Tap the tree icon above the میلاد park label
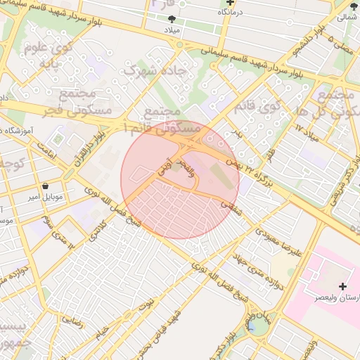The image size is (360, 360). pyautogui.click(x=173, y=20)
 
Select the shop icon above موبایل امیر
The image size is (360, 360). pyautogui.click(x=46, y=187)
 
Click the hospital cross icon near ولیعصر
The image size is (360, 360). pyautogui.click(x=342, y=286)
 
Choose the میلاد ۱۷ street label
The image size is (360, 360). pyautogui.click(x=307, y=131)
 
